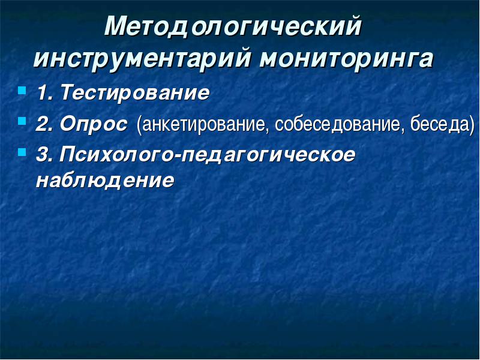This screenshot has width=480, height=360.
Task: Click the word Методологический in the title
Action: tap(233, 27)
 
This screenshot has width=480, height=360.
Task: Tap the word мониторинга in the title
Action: tap(347, 58)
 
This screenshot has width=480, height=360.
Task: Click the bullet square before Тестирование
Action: tap(22, 91)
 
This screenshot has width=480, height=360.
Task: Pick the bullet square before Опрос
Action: tap(22, 121)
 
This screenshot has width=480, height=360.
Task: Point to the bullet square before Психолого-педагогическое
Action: tap(22, 152)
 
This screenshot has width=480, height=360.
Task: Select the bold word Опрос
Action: tap(94, 125)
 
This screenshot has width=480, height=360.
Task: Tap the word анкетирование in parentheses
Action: tap(203, 125)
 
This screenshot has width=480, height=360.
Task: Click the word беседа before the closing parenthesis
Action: tap(439, 124)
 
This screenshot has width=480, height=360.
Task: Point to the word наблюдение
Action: tap(105, 181)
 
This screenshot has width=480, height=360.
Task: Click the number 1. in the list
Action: tap(46, 92)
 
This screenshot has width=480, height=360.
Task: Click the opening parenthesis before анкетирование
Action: tap(139, 125)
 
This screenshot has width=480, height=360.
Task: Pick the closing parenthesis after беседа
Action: tap(472, 125)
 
